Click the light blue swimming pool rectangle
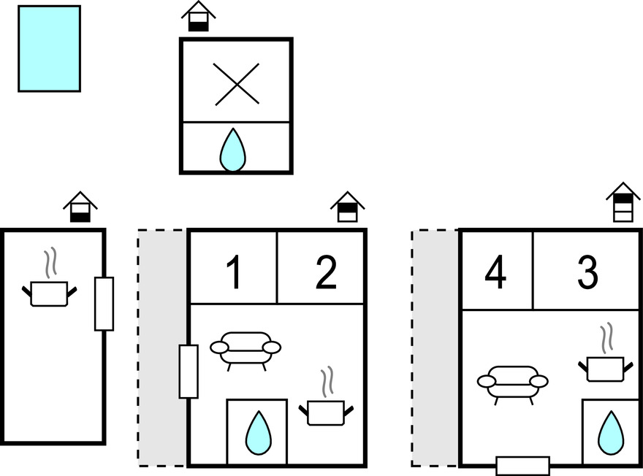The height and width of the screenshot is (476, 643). click(49, 48)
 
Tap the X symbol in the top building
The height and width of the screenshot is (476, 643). click(237, 84)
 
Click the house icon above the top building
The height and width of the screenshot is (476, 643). click(199, 17)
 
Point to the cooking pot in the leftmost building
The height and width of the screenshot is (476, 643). click(49, 291)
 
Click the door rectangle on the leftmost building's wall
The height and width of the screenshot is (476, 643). click(104, 303)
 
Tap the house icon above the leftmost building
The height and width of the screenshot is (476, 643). click(80, 207)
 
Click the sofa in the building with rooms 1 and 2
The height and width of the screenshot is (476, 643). click(246, 348)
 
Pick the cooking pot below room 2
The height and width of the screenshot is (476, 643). click(326, 410)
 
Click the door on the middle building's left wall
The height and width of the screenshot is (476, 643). click(189, 371)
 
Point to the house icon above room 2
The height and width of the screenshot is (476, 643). click(347, 207)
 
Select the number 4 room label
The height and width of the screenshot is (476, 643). click(495, 275)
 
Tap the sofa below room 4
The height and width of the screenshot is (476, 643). click(512, 381)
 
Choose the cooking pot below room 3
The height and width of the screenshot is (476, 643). click(604, 367)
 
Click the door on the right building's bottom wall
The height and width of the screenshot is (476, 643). click(522, 466)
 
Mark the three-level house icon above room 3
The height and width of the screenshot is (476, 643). click(623, 201)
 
